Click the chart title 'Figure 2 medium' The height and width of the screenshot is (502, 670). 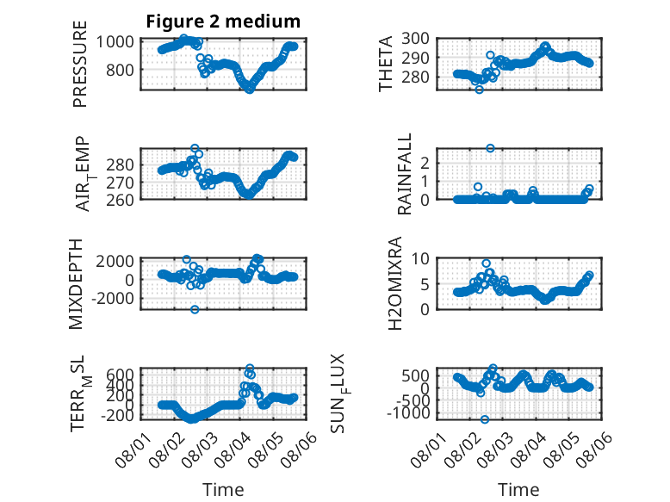coord(223,22)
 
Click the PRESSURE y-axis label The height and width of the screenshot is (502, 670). coord(80,64)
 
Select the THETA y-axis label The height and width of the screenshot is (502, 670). coord(386,64)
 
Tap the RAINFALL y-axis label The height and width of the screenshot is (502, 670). coord(404,173)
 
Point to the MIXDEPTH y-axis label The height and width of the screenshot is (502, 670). coord(75,284)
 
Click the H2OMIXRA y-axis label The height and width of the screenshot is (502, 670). coord(394,283)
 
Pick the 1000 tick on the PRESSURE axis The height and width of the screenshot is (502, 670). coord(115,42)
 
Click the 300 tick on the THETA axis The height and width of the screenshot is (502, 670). coord(415,39)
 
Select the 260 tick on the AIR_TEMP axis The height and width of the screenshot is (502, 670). coord(120,200)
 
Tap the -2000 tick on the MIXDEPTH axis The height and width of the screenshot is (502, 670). coord(113,298)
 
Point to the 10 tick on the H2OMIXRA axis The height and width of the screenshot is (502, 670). coord(420,258)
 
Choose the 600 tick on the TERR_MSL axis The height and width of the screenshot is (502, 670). coord(120,375)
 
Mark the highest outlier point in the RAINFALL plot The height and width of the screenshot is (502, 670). coord(490,148)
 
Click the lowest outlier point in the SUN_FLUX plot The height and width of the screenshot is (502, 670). coord(485,419)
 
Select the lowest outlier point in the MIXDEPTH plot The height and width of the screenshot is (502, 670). coord(195,309)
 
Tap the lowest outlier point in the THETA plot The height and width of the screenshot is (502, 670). coord(480,90)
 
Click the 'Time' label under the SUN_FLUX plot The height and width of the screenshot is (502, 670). coord(518,490)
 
